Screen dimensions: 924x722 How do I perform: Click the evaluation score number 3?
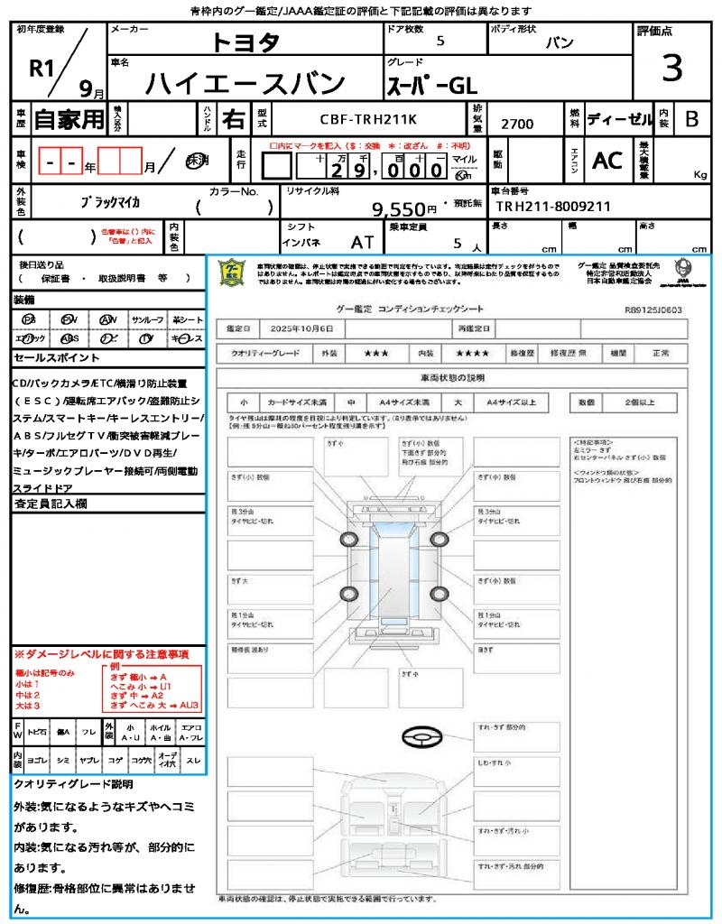(671, 68)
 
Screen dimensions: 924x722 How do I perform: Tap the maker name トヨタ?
(245, 42)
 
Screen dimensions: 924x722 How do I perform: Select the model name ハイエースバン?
(245, 83)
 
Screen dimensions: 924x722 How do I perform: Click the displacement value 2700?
(517, 124)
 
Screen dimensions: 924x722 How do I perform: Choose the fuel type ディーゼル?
(619, 118)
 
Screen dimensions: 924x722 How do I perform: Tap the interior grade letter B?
(691, 118)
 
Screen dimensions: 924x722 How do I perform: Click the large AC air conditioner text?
(607, 161)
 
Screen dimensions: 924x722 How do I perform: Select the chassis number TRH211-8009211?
(553, 207)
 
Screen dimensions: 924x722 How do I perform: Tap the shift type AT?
(363, 242)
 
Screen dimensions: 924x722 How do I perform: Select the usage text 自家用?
(69, 118)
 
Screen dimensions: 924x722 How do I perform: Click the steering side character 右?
(234, 118)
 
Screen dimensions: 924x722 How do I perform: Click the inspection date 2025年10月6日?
(295, 328)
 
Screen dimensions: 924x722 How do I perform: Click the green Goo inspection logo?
(233, 272)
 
